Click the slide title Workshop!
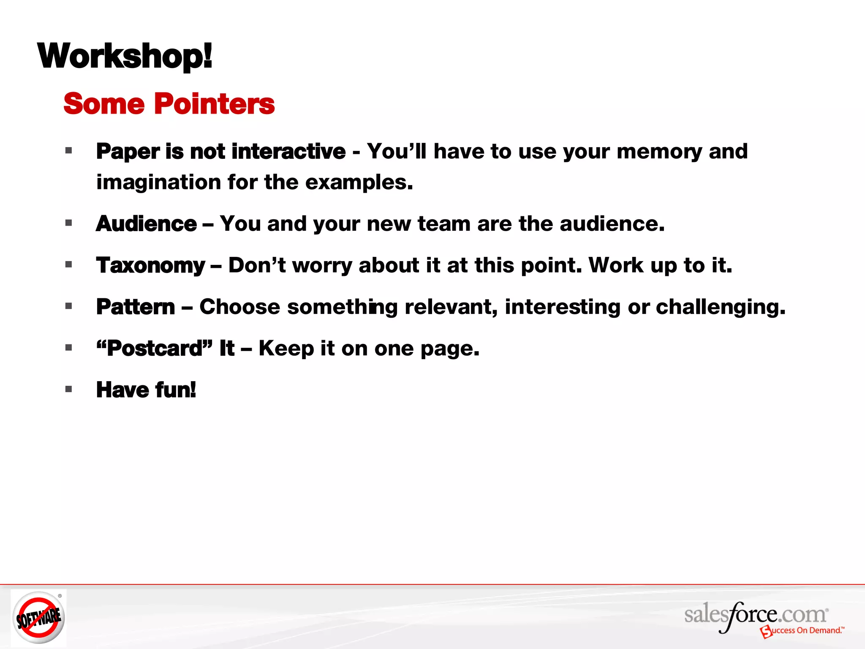125,56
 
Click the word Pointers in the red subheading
215,104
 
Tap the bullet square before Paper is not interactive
69,150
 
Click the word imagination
159,183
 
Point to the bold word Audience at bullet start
146,224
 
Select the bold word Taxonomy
150,266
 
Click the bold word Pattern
136,307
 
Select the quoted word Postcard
155,349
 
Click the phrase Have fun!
146,390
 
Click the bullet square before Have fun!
69,389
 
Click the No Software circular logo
38,617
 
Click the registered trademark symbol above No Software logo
60,596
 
